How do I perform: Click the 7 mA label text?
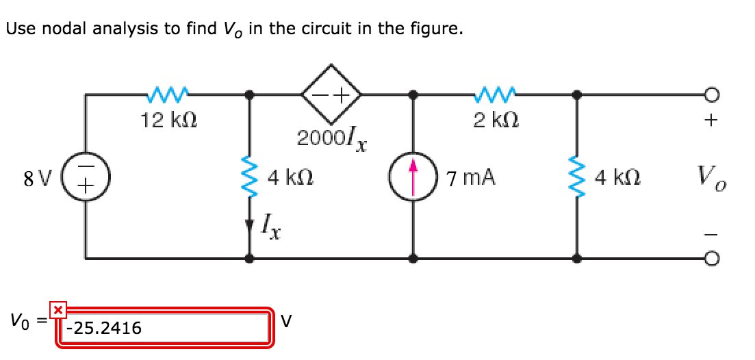click(471, 179)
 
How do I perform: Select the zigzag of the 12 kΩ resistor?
click(166, 93)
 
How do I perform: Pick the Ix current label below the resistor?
click(272, 224)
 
